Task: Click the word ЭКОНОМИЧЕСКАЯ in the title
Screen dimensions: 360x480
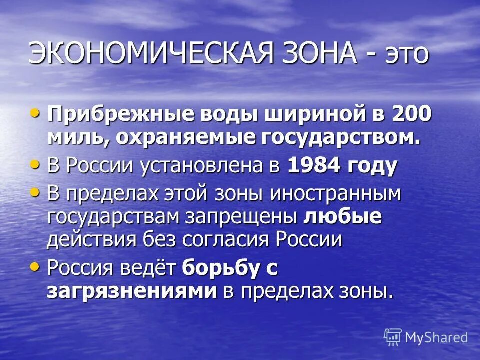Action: coord(144,53)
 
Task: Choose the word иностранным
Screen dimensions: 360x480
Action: coord(335,193)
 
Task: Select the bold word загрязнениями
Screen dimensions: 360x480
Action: coord(132,291)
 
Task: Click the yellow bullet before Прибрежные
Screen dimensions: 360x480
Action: coord(34,112)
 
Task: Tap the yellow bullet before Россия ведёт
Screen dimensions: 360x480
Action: coord(34,267)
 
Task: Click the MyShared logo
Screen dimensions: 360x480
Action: coord(426,337)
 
